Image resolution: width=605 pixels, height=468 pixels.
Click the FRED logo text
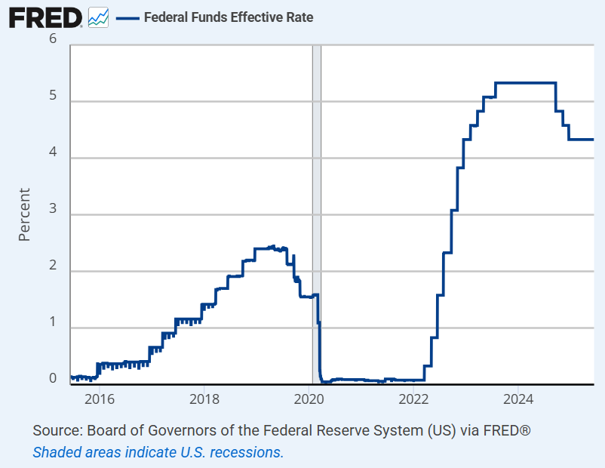(45, 17)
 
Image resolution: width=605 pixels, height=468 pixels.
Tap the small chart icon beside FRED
(98, 17)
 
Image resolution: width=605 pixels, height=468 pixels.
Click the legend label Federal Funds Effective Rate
(228, 17)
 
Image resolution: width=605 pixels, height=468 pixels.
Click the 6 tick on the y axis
(54, 38)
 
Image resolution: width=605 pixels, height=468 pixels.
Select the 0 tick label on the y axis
(54, 378)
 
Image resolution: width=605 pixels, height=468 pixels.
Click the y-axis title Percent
(24, 214)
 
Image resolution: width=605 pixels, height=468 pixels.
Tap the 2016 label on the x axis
(100, 398)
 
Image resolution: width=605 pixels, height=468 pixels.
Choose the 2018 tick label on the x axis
(204, 398)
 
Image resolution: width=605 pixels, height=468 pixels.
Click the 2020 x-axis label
(309, 398)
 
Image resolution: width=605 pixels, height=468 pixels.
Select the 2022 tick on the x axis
(414, 398)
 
